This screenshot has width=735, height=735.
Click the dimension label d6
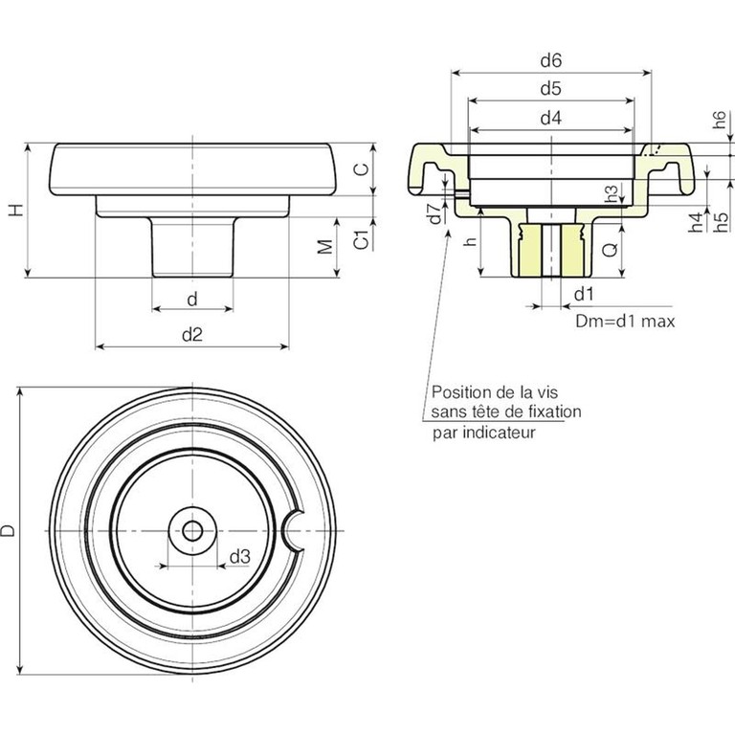[549, 60]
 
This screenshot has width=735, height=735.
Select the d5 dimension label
[549, 89]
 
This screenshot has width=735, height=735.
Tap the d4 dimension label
[549, 119]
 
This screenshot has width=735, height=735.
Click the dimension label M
[325, 247]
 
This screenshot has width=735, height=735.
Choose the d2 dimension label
[192, 333]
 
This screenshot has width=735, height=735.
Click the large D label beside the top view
[9, 530]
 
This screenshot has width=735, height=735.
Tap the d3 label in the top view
[240, 556]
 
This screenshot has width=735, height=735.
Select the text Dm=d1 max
[625, 322]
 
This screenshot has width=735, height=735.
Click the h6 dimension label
[720, 121]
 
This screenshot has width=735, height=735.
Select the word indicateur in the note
[501, 433]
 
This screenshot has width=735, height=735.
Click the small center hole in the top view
[192, 530]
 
